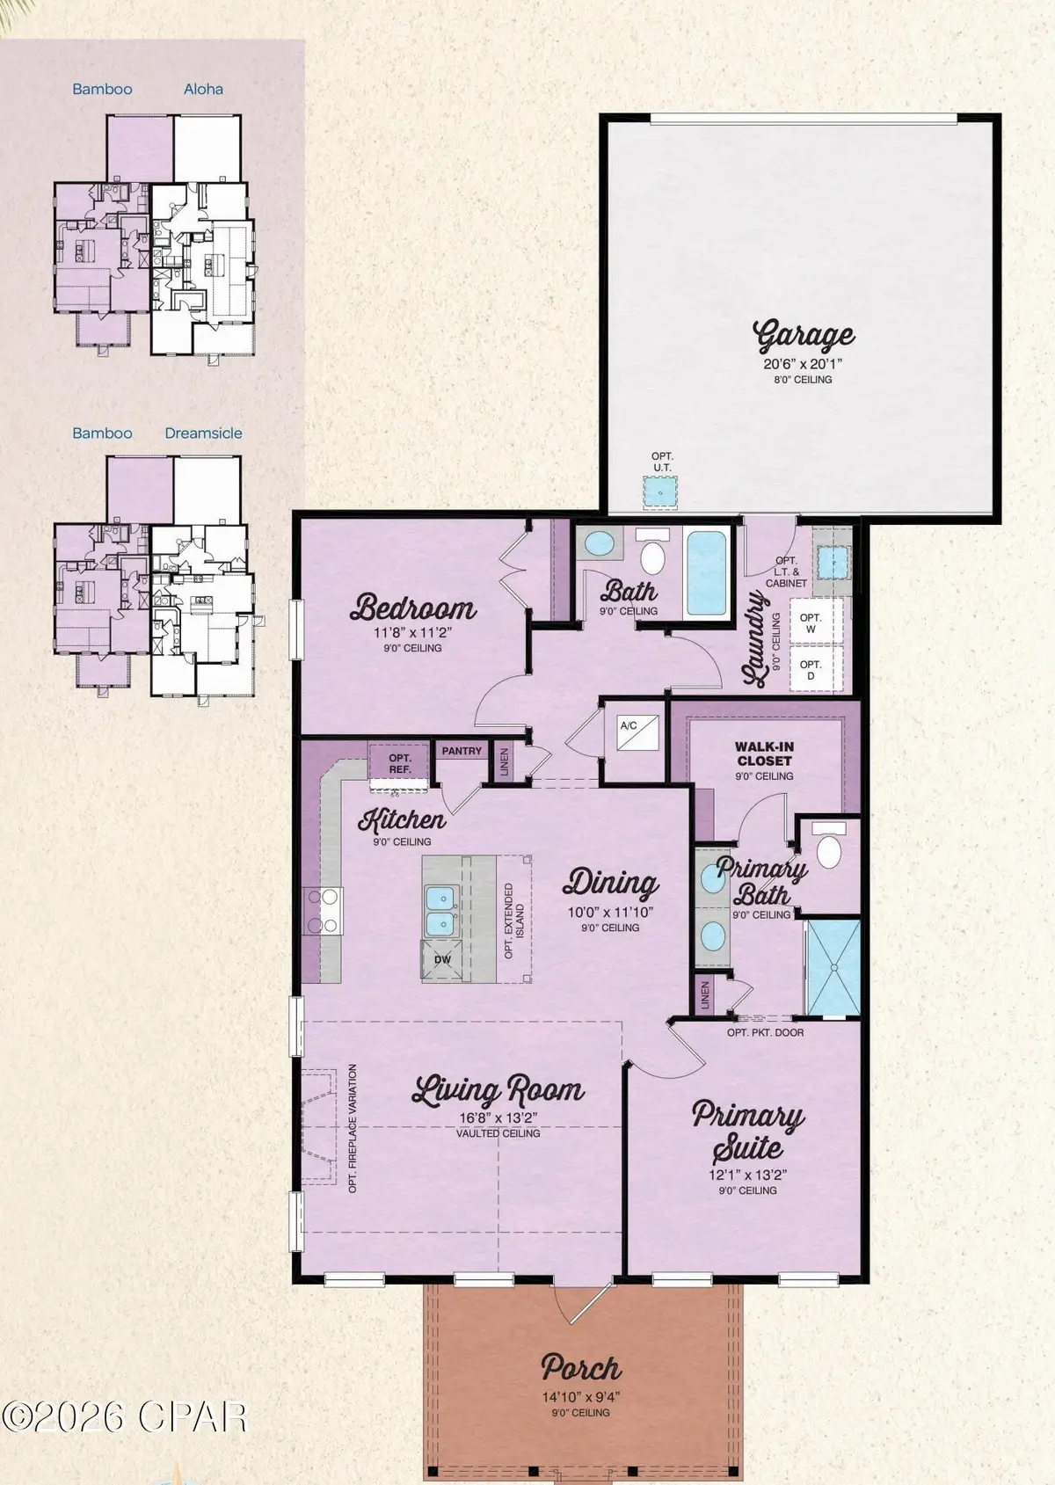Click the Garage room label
click(x=803, y=336)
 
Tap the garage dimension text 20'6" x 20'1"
click(x=803, y=363)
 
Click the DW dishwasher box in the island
click(x=442, y=959)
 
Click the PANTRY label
click(x=462, y=751)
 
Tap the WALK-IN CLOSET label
click(x=764, y=753)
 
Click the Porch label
click(x=581, y=1369)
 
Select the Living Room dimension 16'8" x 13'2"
click(x=498, y=1118)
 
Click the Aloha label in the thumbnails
click(x=203, y=89)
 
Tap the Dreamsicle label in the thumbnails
click(x=203, y=433)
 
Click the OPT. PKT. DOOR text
click(x=765, y=1032)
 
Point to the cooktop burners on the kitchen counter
click(x=322, y=910)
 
